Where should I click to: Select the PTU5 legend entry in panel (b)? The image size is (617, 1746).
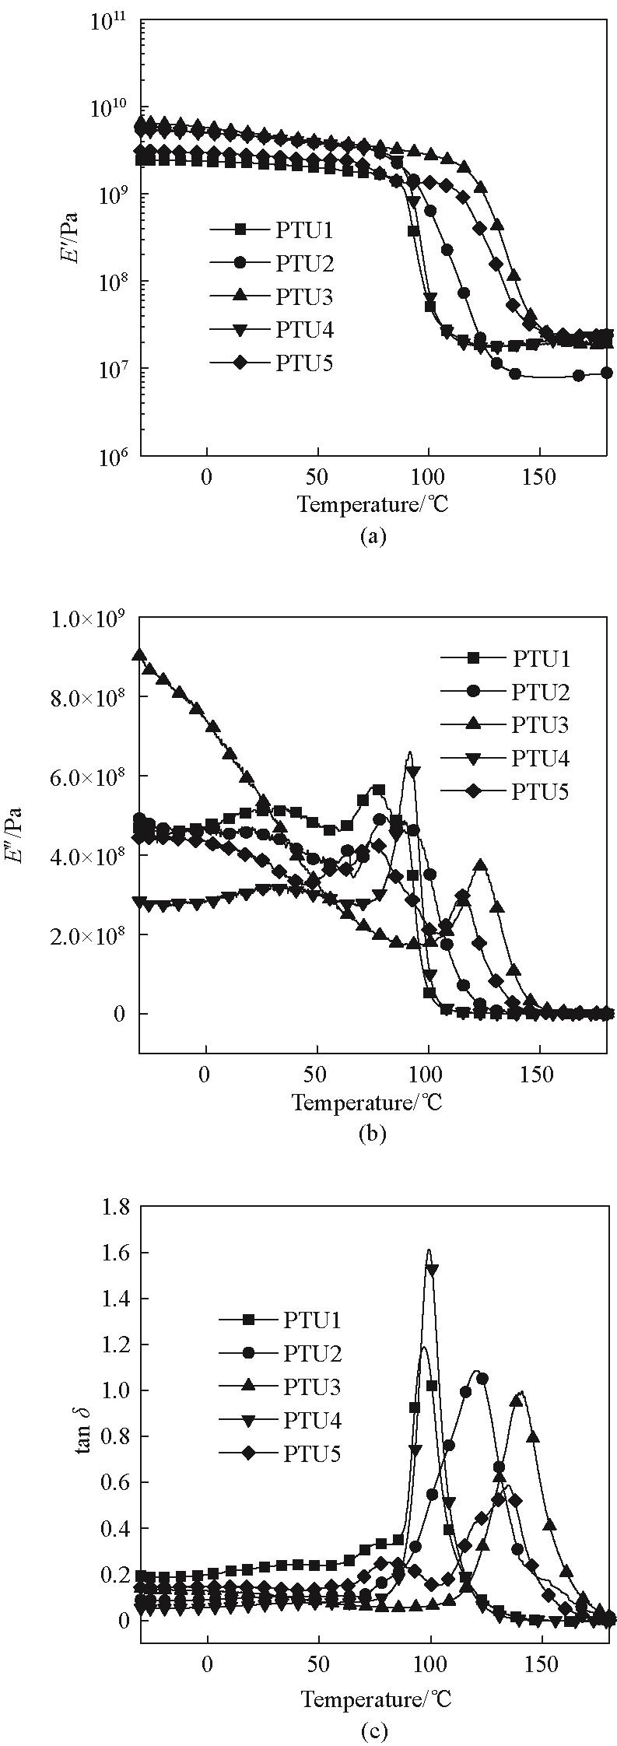[541, 792]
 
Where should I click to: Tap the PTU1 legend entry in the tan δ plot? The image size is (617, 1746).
[312, 1319]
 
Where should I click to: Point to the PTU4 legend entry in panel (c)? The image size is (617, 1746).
[312, 1420]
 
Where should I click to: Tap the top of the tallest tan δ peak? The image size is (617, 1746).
[428, 1250]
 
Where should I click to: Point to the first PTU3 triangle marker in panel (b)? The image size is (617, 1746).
[139, 655]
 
